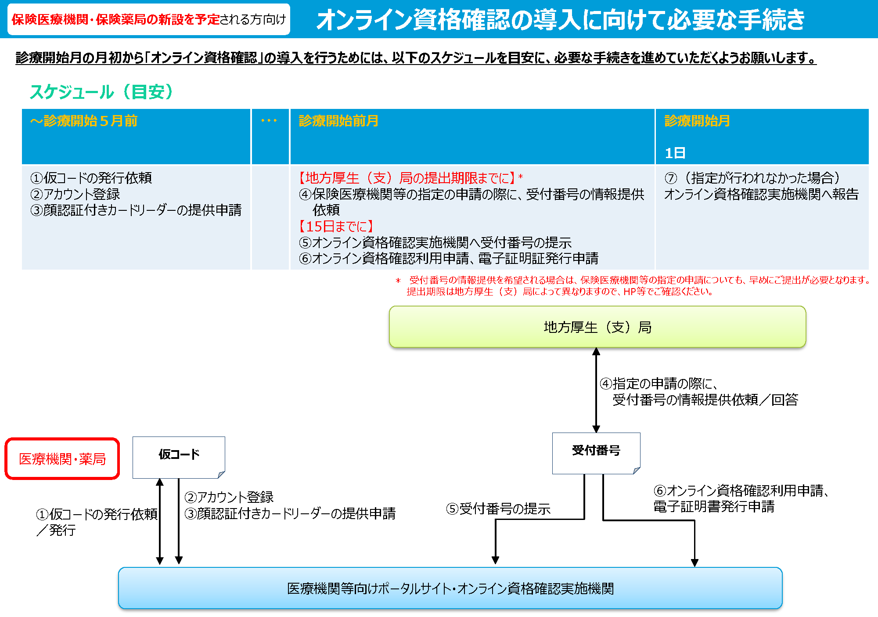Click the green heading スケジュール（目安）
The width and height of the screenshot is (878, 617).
[x=101, y=92]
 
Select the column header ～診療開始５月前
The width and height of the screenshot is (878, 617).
[x=84, y=121]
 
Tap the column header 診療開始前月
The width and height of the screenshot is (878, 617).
[x=338, y=121]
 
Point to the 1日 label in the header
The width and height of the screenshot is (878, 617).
[x=675, y=153]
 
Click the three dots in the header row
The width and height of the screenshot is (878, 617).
[x=269, y=121]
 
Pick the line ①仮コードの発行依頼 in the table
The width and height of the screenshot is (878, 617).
[x=91, y=178]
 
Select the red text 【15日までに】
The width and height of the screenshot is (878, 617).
[x=336, y=226]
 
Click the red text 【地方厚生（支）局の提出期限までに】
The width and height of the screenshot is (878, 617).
[x=407, y=178]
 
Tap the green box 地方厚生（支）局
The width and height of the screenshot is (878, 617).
[x=597, y=327]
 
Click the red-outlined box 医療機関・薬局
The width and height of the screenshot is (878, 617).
[x=62, y=459]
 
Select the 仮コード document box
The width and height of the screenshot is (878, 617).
[x=179, y=457]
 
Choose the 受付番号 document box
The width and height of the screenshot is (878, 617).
[x=596, y=452]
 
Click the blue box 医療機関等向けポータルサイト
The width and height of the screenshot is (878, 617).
[x=450, y=588]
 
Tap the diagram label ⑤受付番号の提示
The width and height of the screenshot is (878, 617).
[x=498, y=509]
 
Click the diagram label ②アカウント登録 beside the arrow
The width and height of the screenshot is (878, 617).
[x=229, y=497]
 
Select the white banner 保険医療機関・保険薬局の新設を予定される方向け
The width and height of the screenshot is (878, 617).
[x=149, y=19]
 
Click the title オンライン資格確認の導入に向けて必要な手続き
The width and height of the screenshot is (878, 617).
[x=560, y=20]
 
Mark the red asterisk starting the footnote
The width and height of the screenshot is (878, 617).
[x=398, y=281]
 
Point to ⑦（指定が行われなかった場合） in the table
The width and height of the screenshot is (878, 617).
[x=752, y=178]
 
